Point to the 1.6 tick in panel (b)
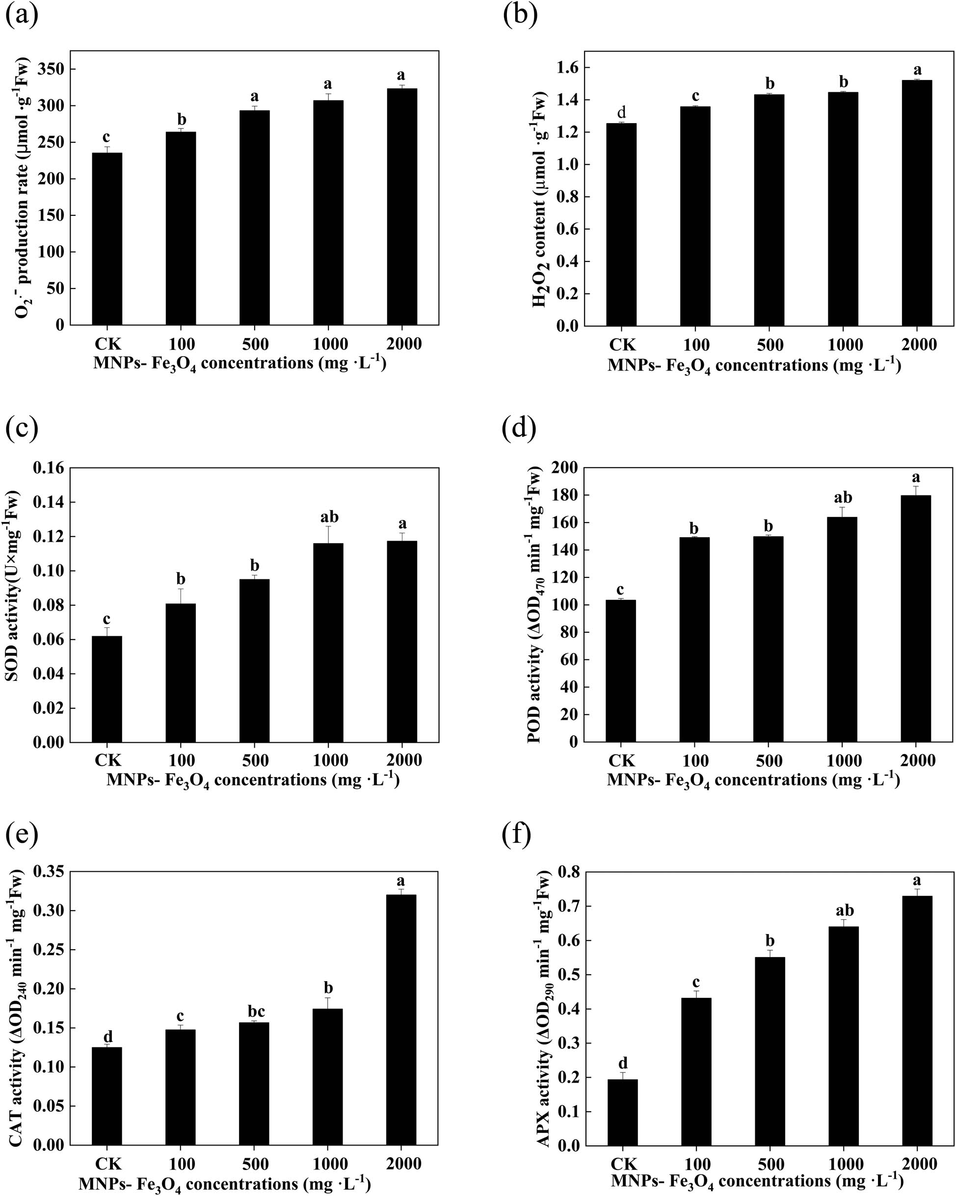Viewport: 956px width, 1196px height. click(x=564, y=68)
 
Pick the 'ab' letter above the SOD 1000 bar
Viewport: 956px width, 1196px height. click(x=329, y=517)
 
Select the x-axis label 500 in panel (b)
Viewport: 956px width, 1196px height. click(x=770, y=344)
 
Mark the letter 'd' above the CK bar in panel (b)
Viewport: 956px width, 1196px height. click(x=621, y=113)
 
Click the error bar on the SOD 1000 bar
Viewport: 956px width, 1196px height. click(x=328, y=534)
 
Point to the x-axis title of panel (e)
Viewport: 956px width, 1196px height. click(x=225, y=1182)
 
